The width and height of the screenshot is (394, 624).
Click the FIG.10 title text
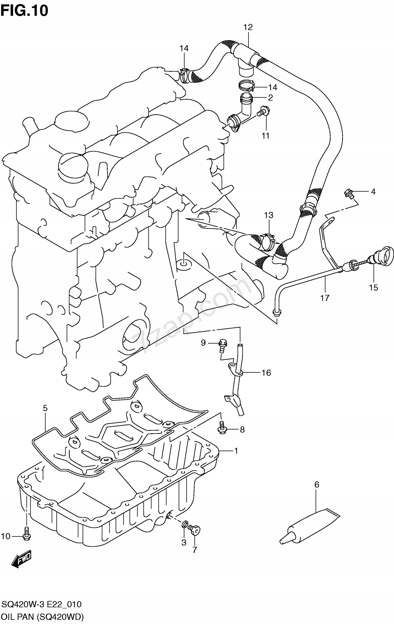[24, 11]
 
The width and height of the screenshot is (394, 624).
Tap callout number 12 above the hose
[248, 27]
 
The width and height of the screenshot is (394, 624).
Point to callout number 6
[317, 485]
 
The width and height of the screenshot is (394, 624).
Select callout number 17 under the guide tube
[325, 298]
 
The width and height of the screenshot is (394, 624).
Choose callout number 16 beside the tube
[266, 373]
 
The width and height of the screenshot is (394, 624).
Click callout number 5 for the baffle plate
[45, 408]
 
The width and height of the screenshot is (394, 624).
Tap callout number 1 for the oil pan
[235, 451]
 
